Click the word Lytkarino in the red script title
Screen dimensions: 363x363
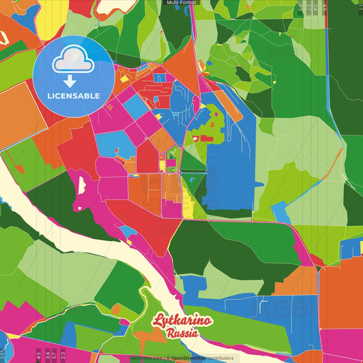181,321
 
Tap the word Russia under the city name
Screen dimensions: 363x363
182,334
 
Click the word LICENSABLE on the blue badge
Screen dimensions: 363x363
73,95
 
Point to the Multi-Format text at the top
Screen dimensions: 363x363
181,3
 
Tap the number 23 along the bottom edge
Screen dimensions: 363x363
63,354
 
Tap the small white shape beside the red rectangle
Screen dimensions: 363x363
195,138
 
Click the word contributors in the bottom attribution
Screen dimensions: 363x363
220,358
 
